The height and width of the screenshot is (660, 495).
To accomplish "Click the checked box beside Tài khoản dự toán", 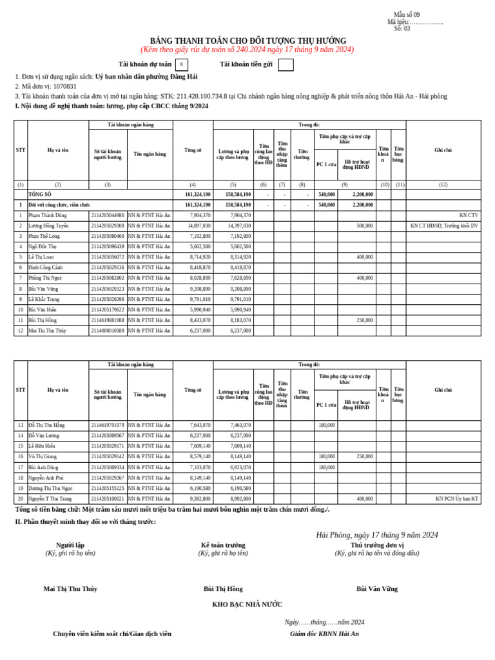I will click(x=181, y=64).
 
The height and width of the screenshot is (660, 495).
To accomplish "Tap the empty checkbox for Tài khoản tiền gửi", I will click(x=286, y=64).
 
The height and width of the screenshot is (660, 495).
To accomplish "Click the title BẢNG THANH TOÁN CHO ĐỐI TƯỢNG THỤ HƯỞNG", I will click(x=247, y=41).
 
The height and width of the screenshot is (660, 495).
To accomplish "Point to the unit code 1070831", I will click(x=64, y=86).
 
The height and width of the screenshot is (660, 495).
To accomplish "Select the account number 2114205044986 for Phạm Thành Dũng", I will click(x=108, y=215).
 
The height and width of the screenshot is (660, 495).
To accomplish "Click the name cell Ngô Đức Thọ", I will click(x=43, y=247).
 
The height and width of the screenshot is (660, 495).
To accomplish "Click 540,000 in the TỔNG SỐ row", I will click(x=326, y=194).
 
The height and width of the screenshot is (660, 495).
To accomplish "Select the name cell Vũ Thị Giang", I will click(x=43, y=456).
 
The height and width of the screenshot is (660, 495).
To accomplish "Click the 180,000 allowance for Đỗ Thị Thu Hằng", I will click(x=326, y=425).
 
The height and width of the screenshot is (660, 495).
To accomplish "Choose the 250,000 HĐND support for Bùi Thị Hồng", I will click(x=364, y=320).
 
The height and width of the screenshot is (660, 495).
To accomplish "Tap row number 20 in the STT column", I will click(x=21, y=499).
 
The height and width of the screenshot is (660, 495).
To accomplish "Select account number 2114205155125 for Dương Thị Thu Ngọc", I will click(x=108, y=489).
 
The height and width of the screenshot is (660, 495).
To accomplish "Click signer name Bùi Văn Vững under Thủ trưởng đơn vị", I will click(x=377, y=588).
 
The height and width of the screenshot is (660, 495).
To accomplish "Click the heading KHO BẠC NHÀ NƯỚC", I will click(x=247, y=605).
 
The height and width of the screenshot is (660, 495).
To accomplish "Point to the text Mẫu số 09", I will click(x=406, y=15).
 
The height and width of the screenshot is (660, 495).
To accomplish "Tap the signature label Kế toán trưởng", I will click(x=223, y=545).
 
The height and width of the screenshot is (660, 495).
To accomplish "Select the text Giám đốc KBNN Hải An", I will click(x=324, y=634).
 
